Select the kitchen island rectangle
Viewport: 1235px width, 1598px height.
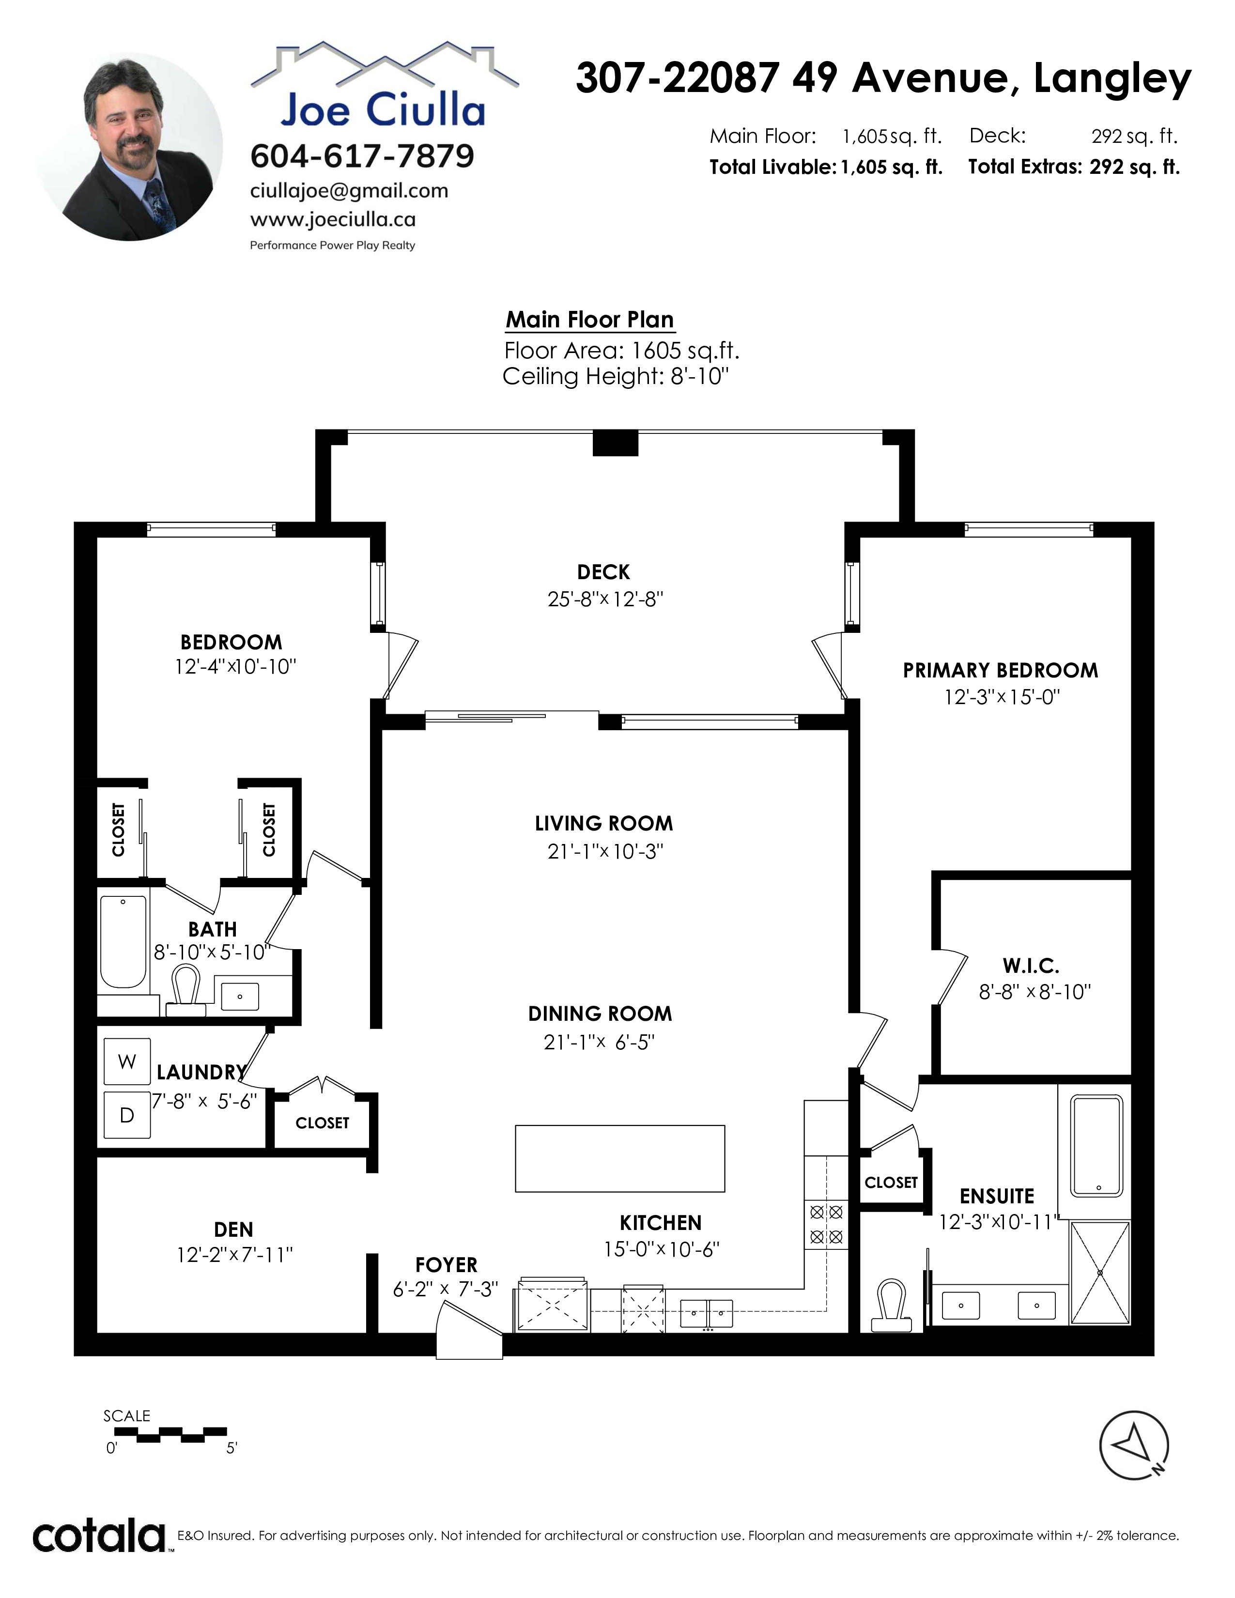[x=620, y=1158]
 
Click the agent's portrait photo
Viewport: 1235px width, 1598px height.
[x=129, y=147]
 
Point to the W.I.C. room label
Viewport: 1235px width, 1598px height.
[x=1031, y=966]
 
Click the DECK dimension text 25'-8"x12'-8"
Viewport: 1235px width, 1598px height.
[x=605, y=599]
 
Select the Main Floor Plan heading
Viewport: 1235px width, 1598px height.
[x=590, y=320]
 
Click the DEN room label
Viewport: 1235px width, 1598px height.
[x=233, y=1229]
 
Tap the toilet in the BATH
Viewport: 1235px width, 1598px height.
[x=186, y=990]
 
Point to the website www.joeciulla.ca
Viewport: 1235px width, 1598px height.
[x=333, y=219]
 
